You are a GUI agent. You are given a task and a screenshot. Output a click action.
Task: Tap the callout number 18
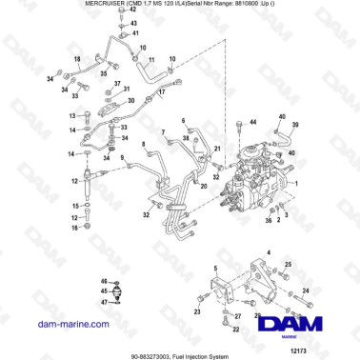coord(78,60)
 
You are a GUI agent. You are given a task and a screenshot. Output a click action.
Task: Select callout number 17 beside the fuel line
coord(162,93)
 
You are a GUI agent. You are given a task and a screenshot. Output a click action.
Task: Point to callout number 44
coord(254,123)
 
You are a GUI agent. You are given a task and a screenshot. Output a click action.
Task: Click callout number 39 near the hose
coord(295,126)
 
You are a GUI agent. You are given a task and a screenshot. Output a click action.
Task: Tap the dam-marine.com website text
coord(50,325)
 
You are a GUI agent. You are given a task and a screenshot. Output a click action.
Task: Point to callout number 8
coord(144,145)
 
